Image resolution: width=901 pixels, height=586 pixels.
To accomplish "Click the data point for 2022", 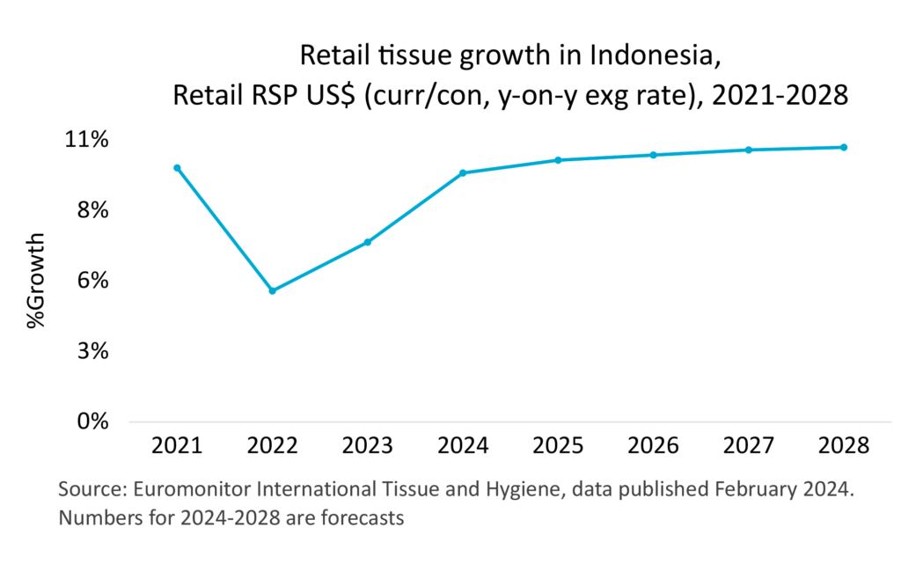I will point(273,290).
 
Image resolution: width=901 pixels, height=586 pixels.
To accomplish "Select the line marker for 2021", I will point(177,168).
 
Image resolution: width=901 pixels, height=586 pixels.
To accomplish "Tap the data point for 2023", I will point(368,242).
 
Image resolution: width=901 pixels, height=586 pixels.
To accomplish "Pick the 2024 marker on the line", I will point(463,172).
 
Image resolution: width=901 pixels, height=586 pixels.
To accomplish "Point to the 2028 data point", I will point(843,147).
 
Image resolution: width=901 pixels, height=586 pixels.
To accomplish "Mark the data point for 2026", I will point(653,155).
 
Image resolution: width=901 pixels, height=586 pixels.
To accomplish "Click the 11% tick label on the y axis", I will point(86,140).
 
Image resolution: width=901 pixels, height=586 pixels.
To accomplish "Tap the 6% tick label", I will point(92,281).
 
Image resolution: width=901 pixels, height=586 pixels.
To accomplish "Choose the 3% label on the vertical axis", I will point(92,351).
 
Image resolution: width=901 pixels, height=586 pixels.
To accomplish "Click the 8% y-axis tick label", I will point(92,210).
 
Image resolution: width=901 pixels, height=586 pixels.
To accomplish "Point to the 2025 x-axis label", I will point(557,445).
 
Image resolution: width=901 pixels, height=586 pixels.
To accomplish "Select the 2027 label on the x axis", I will point(747,445).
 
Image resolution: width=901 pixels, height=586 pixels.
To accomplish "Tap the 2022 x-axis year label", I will point(272,445).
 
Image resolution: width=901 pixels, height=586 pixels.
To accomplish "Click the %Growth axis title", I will point(36,281).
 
